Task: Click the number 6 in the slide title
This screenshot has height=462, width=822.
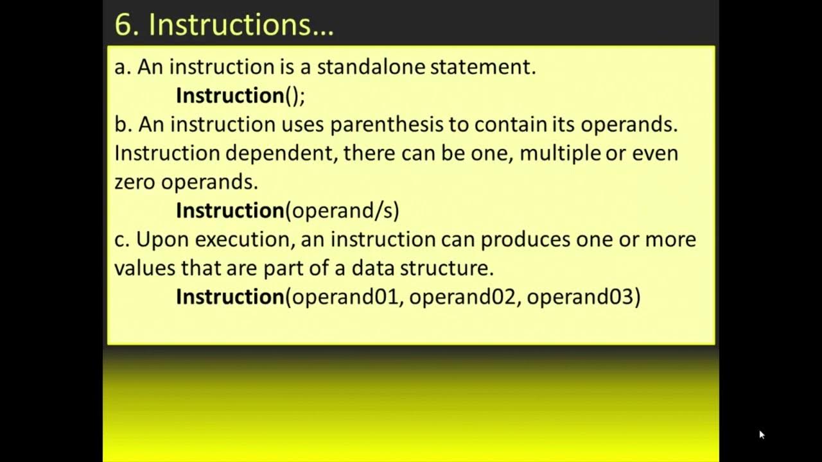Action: point(123,24)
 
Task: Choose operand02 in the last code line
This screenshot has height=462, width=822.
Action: point(463,296)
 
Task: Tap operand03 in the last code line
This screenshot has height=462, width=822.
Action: point(580,296)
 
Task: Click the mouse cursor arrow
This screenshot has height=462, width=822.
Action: point(762,434)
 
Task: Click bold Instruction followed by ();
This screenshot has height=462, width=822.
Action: point(230,96)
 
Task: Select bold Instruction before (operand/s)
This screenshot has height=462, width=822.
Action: point(230,210)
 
